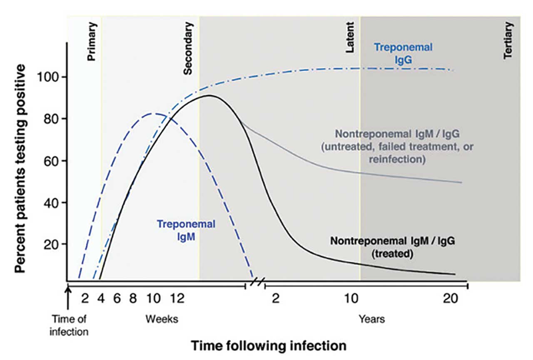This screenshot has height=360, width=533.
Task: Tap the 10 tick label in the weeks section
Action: coord(153,299)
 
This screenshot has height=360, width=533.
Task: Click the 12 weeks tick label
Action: coord(177,299)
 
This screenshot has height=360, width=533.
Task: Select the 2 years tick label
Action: coord(275,299)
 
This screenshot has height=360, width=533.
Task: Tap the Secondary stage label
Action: coord(188,48)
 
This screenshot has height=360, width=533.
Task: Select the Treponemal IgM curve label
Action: coord(186,230)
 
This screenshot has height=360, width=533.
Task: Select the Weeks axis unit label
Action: coord(162,319)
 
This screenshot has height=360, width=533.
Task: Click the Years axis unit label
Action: coord(372,319)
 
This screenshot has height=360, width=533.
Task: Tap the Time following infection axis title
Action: coord(269,345)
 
